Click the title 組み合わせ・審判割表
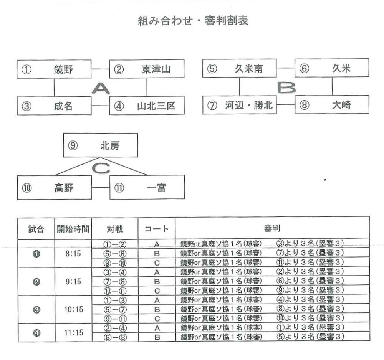(193, 21)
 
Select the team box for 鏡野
(54, 69)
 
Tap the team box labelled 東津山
(147, 69)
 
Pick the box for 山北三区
(147, 106)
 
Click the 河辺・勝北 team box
(240, 105)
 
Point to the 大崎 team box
(332, 104)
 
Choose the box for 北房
(101, 145)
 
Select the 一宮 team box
(147, 187)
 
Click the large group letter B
(286, 88)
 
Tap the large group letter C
(101, 168)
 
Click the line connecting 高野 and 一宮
(101, 187)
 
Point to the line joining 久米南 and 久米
(286, 68)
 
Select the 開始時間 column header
(73, 229)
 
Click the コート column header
(157, 229)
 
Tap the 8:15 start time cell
(73, 254)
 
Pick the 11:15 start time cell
(73, 333)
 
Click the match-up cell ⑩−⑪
(115, 291)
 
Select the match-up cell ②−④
(115, 328)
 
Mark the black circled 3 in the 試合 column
(36, 310)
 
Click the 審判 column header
(272, 228)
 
